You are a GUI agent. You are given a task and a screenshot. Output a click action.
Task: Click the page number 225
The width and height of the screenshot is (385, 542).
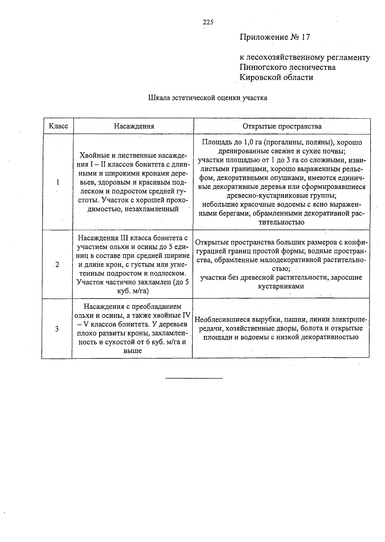(x=208, y=22)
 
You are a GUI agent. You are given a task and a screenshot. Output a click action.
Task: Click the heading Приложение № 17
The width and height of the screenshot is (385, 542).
(x=275, y=37)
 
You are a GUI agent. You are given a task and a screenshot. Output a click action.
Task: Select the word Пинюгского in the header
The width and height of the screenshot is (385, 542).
(x=263, y=67)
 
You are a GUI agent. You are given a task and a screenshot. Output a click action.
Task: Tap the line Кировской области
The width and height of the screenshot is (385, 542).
(x=276, y=77)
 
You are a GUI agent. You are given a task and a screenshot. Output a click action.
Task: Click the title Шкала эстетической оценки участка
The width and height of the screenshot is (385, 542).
(x=208, y=98)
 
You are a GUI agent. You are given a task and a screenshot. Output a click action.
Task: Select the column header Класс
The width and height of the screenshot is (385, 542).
(x=58, y=126)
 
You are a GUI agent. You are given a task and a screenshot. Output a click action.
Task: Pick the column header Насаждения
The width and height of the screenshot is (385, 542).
(x=134, y=126)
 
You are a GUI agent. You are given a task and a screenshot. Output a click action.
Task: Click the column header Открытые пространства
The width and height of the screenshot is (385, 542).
(x=282, y=126)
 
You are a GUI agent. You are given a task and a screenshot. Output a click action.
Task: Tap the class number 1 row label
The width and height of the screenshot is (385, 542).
(x=58, y=182)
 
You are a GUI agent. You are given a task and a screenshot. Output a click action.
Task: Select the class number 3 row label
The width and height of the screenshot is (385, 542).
(x=57, y=329)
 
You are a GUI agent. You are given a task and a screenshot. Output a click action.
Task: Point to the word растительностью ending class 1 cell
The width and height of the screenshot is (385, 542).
(x=282, y=222)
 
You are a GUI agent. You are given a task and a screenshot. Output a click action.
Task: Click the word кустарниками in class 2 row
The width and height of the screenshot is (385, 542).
(x=281, y=286)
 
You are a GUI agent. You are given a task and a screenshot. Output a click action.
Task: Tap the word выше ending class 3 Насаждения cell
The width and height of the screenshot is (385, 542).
(x=133, y=351)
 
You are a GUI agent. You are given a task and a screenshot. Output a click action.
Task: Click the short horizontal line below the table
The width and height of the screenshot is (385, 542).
(x=194, y=379)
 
